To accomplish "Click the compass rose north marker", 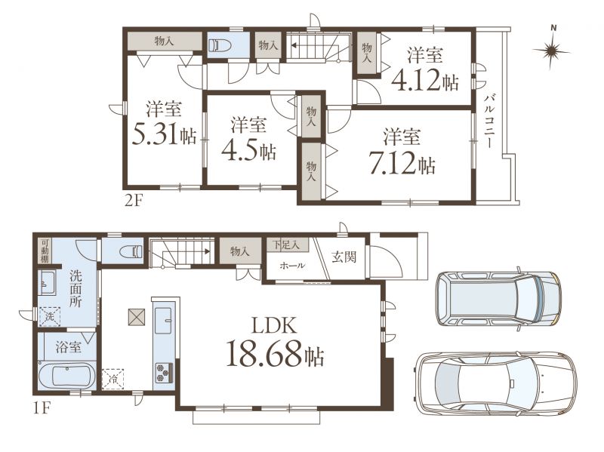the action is [552, 50].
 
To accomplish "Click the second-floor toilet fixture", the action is [220, 46].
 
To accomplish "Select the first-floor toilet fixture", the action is [131, 252].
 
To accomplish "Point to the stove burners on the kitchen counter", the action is [164, 372].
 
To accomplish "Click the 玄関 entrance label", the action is [344, 257].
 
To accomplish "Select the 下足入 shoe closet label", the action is [287, 244].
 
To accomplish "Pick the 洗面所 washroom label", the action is [75, 288].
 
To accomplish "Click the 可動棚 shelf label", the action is [45, 251].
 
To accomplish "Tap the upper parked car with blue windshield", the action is [498, 299].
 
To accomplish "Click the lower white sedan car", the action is [495, 383].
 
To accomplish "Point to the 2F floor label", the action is [134, 201].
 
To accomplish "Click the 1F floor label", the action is [42, 408].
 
